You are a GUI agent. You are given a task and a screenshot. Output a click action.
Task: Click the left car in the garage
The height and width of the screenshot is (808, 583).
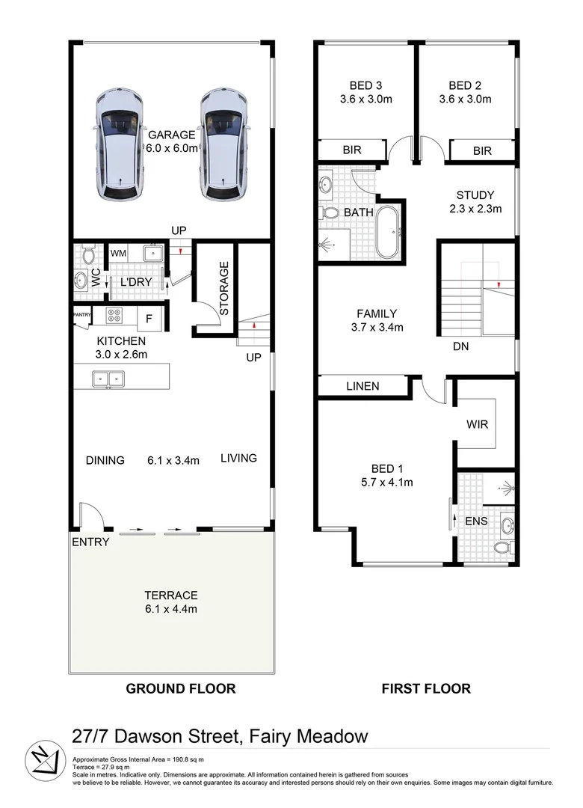[x=120, y=146]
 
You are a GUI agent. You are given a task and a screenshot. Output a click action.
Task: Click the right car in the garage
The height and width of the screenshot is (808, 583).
[x=223, y=146]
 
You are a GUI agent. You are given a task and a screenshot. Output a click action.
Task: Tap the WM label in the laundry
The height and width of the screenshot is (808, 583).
[x=118, y=254]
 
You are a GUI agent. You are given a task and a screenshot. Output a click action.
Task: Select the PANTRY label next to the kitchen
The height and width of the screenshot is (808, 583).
[x=81, y=315]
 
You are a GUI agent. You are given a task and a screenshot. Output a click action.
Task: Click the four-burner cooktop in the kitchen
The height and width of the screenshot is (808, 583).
[x=116, y=317]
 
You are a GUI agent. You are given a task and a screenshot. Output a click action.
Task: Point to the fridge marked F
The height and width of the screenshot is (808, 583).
[x=149, y=319]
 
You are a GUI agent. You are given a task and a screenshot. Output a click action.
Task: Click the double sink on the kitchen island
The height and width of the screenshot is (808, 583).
[x=109, y=379]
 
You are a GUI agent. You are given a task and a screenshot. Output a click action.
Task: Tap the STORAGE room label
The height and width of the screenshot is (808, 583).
[x=223, y=288]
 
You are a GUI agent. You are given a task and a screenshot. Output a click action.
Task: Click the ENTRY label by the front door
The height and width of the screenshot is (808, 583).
[x=91, y=542]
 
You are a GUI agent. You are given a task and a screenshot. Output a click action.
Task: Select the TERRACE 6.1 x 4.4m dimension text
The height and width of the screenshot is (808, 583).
[x=172, y=609]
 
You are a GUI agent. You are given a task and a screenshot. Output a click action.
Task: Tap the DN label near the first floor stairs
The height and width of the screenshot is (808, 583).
[x=460, y=347]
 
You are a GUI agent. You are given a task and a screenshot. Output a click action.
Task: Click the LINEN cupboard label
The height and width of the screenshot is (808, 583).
[x=362, y=386]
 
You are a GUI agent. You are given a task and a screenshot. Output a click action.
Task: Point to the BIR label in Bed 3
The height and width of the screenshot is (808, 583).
[x=351, y=150]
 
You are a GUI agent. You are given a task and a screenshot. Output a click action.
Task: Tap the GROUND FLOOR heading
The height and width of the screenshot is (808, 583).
[x=180, y=688]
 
